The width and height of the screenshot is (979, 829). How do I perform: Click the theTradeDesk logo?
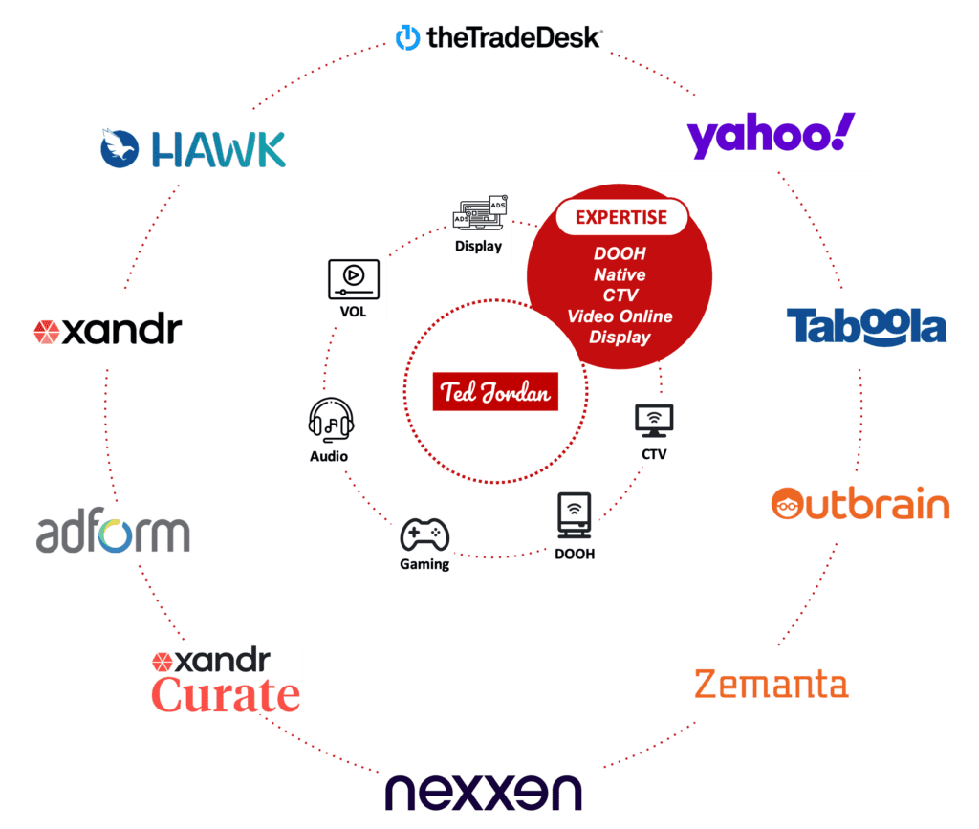(499, 38)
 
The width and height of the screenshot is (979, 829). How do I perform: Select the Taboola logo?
(866, 327)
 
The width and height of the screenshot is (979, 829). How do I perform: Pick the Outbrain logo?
(860, 504)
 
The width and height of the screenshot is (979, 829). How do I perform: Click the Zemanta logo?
(771, 685)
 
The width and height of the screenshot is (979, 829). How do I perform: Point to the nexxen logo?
(489, 792)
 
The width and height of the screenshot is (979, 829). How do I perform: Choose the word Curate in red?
(227, 694)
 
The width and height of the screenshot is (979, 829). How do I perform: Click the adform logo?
(113, 533)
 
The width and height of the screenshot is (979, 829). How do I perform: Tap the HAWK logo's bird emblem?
(121, 149)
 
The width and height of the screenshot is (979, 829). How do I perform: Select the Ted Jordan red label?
(494, 392)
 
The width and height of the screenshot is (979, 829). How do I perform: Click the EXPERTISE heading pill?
(621, 217)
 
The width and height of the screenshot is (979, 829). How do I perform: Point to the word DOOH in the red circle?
(620, 253)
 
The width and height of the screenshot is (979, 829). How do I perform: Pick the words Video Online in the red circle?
(620, 316)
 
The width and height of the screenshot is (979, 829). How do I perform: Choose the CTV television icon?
(654, 421)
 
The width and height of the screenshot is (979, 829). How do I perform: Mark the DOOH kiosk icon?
(572, 517)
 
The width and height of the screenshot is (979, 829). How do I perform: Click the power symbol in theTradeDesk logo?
(408, 38)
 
